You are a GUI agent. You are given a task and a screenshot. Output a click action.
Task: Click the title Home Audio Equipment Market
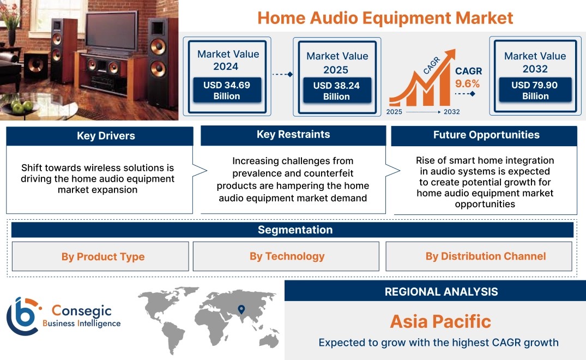pyautogui.click(x=385, y=18)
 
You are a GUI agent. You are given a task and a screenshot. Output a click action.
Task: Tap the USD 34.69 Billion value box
pyautogui.click(x=227, y=90)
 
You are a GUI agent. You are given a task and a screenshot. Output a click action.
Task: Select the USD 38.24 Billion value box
pyautogui.click(x=337, y=91)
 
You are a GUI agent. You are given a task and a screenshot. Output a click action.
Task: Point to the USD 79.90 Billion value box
pyautogui.click(x=535, y=90)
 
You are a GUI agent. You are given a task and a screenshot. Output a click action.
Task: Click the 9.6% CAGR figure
pyautogui.click(x=467, y=83)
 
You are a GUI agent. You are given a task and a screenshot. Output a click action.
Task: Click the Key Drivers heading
pyautogui.click(x=106, y=136)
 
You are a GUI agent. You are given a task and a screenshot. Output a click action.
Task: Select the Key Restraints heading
pyautogui.click(x=293, y=134)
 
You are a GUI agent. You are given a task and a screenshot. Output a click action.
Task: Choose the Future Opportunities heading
pyautogui.click(x=486, y=135)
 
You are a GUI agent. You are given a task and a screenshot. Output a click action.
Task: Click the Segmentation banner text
pyautogui.click(x=295, y=230)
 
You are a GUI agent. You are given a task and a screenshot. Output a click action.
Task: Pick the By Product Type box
pyautogui.click(x=100, y=256)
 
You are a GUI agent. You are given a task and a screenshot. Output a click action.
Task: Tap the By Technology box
pyautogui.click(x=286, y=256)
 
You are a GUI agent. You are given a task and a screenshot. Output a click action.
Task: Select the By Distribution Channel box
pyautogui.click(x=479, y=256)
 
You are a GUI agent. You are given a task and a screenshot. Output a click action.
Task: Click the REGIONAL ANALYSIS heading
pyautogui.click(x=442, y=292)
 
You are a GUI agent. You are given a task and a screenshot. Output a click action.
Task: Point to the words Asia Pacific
pyautogui.click(x=440, y=321)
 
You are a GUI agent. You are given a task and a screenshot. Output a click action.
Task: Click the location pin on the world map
pyautogui.click(x=241, y=309)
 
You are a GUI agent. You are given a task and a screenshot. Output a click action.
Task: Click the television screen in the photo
pyautogui.click(x=112, y=31)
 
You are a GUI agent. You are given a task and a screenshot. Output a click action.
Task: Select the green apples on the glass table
pyautogui.click(x=22, y=106)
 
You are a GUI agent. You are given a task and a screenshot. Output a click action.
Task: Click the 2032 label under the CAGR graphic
pyautogui.click(x=451, y=112)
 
